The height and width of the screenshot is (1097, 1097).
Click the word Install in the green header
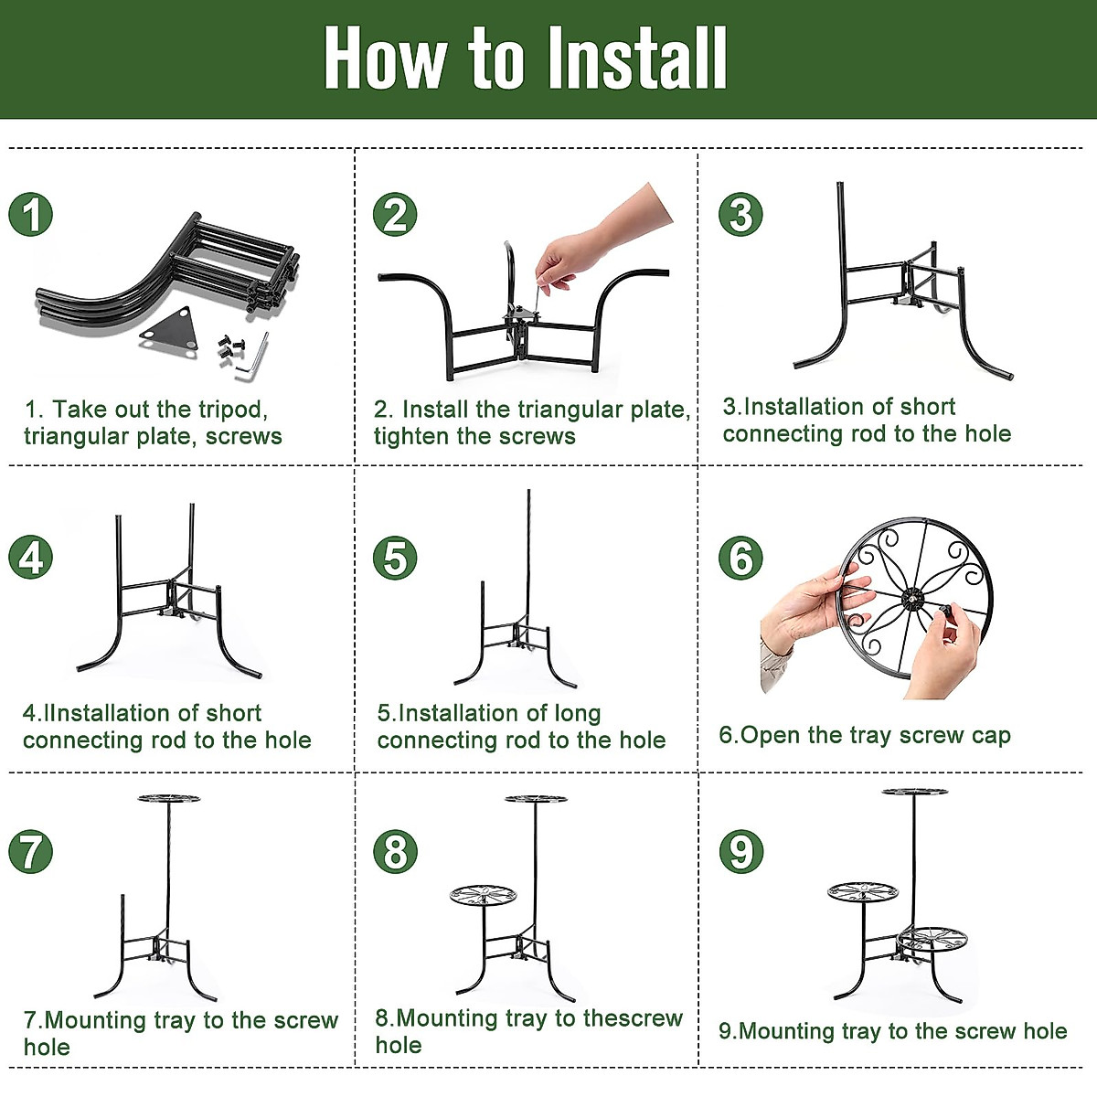point(637,59)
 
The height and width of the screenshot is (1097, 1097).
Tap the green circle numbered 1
point(31,215)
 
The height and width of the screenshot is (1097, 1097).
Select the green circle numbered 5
point(395,558)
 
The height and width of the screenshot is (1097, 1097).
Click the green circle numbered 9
point(740,852)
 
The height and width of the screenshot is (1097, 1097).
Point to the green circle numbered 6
point(740,558)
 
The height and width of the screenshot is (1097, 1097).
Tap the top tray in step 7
point(169,799)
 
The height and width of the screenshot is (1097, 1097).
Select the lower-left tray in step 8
point(483,894)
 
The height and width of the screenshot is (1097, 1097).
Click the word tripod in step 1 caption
point(232,410)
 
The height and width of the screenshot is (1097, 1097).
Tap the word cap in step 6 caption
point(991,736)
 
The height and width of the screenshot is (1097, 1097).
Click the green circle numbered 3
point(740,215)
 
